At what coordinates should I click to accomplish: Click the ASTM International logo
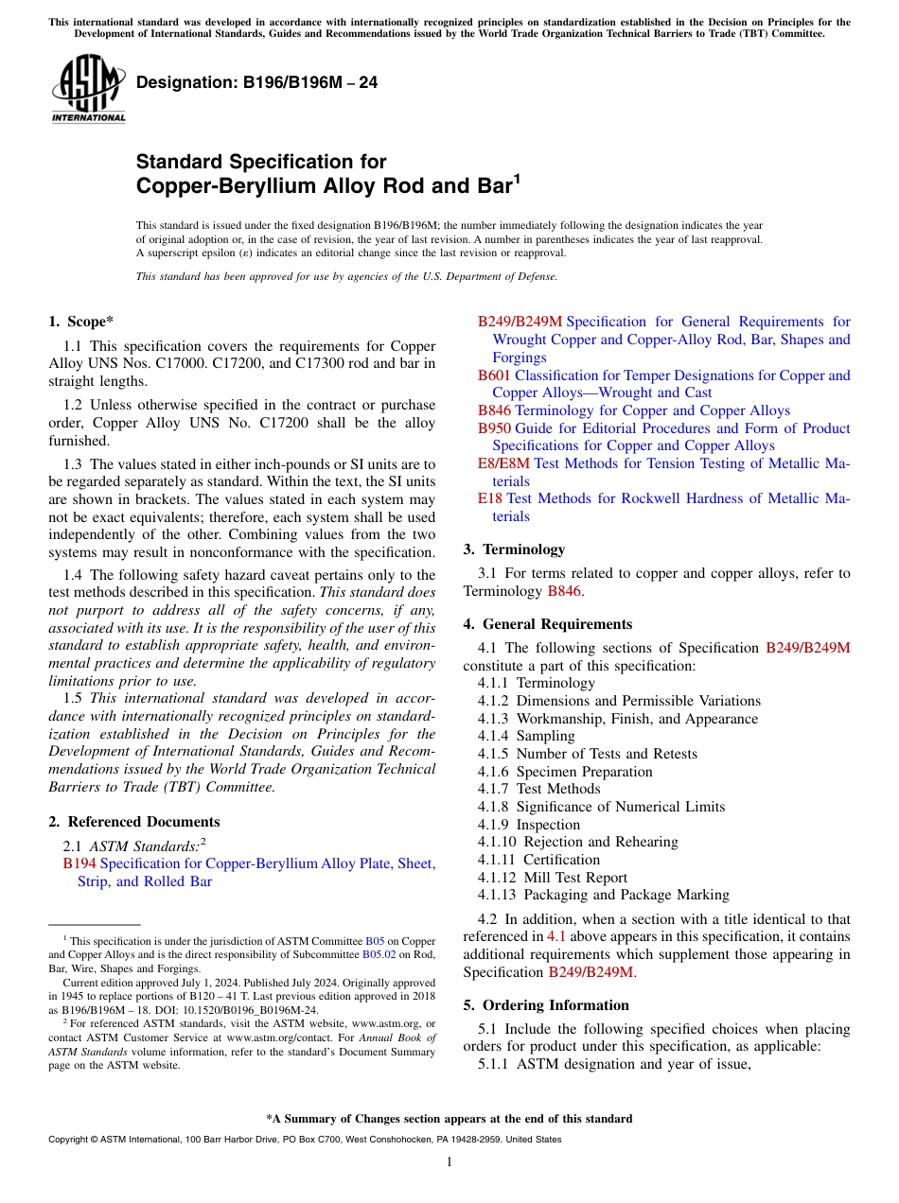pos(88,89)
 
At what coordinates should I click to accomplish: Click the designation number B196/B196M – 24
pos(256,83)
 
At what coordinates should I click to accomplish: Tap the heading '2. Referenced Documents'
pos(133,822)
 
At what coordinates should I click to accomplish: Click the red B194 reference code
pos(79,863)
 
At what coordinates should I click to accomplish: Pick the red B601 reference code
pos(494,375)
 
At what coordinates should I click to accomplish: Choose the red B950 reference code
pos(494,428)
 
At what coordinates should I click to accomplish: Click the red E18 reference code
pos(490,498)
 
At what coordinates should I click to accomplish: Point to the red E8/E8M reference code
pos(503,463)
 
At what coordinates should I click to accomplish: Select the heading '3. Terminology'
pos(514,549)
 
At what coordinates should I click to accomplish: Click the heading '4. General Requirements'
pos(547,624)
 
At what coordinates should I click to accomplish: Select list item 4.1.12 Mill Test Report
pos(552,878)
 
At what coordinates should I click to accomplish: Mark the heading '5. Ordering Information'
pos(546,1005)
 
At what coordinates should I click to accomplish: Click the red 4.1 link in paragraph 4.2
pos(556,937)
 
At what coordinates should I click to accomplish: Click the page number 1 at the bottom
pos(449,1162)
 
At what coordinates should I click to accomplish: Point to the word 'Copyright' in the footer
pos(68,1140)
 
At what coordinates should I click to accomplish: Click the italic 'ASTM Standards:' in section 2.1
pos(144,846)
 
